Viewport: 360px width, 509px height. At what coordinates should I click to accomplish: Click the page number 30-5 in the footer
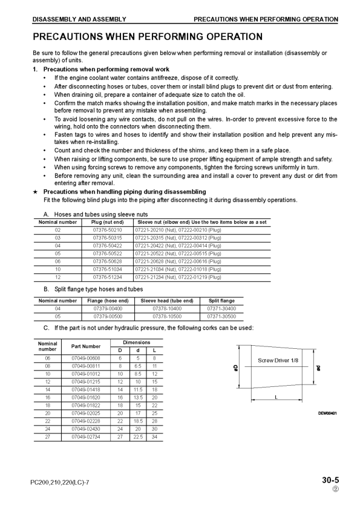point(330,481)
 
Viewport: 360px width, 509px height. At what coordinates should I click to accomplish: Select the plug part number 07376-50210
point(107,230)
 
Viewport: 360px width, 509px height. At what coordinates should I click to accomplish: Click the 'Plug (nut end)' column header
point(107,222)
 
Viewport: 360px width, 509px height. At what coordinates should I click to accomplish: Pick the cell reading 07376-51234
point(107,276)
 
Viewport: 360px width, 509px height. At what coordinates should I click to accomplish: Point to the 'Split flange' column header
point(221,300)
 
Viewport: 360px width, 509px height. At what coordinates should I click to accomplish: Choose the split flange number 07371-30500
point(221,316)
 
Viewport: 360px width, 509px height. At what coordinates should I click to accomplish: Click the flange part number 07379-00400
point(108,308)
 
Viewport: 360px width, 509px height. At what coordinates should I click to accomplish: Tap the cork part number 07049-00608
point(86,358)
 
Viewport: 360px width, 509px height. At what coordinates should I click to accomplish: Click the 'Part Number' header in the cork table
point(86,346)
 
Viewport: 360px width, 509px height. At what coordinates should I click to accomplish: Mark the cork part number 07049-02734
point(86,436)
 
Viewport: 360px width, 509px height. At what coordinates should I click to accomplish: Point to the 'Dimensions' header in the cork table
point(137,342)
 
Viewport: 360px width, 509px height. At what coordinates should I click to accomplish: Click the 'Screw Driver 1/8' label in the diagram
point(278,360)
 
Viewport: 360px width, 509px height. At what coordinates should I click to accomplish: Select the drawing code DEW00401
point(327,413)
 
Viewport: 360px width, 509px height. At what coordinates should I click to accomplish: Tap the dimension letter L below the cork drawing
point(276,397)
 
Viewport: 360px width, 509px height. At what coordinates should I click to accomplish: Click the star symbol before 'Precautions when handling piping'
point(36,192)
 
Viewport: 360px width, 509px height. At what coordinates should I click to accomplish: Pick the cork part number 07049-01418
point(86,389)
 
